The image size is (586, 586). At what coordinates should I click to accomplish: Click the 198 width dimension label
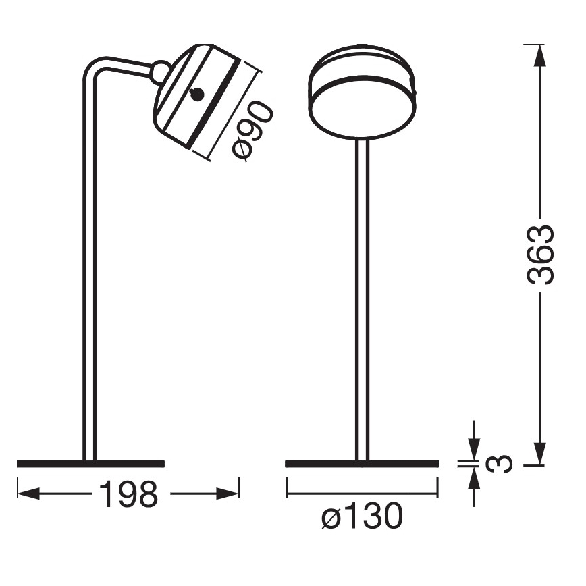[x=129, y=494]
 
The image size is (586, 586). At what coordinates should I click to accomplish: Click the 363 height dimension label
[x=541, y=255]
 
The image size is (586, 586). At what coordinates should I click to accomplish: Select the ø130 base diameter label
[x=362, y=517]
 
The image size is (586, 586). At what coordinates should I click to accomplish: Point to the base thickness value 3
[x=500, y=463]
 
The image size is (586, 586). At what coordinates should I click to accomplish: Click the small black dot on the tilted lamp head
[x=196, y=95]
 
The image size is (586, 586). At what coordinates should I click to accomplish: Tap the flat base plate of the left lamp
[x=90, y=463]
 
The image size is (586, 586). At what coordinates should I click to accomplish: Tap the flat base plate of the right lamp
[x=362, y=463]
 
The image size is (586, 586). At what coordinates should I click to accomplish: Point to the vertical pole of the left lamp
[x=89, y=270]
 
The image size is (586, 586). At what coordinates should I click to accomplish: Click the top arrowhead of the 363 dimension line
[x=539, y=54]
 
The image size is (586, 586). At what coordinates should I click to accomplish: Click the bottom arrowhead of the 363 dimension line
[x=539, y=454]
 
